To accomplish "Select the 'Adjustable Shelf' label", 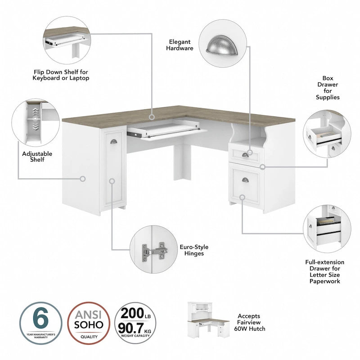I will tap(37, 157).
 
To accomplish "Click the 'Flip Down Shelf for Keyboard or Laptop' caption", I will tap(61, 75).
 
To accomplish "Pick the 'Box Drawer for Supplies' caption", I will tap(327, 87).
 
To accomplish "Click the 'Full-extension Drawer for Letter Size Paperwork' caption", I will tap(324, 271).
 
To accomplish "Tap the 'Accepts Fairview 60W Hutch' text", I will tap(250, 322).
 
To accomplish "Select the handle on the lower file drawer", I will tap(245, 180).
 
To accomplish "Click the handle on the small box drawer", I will tap(245, 155).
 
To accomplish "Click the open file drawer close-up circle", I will tap(324, 228).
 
